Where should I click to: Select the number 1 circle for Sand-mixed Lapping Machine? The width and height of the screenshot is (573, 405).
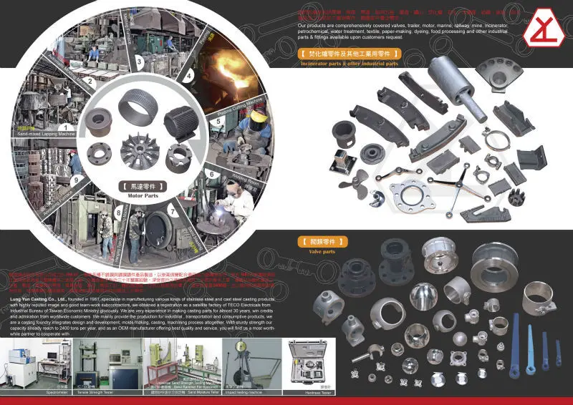(66, 127)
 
